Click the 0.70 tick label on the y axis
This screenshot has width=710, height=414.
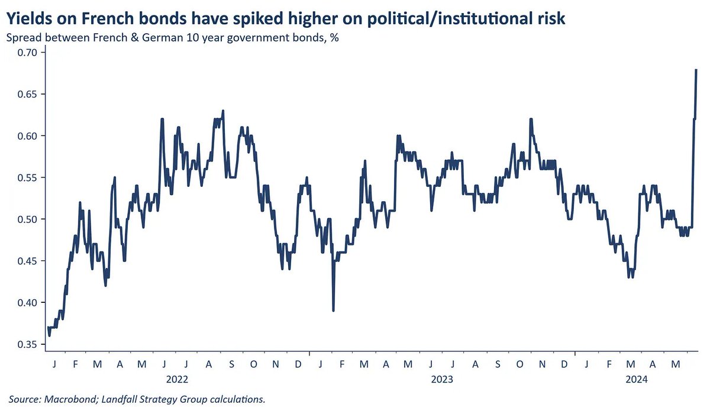tap(27, 53)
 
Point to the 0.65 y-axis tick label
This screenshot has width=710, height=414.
tap(27, 95)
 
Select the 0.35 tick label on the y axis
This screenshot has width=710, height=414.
tap(27, 344)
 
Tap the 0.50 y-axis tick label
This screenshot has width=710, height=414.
tap(27, 219)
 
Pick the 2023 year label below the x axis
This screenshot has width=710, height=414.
tap(441, 379)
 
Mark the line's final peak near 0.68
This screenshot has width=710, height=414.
tap(696, 70)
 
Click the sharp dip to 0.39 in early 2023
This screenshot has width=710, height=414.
tap(333, 310)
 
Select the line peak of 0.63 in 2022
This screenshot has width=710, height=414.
tap(222, 111)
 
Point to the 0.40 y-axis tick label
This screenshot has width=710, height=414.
tap(27, 303)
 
